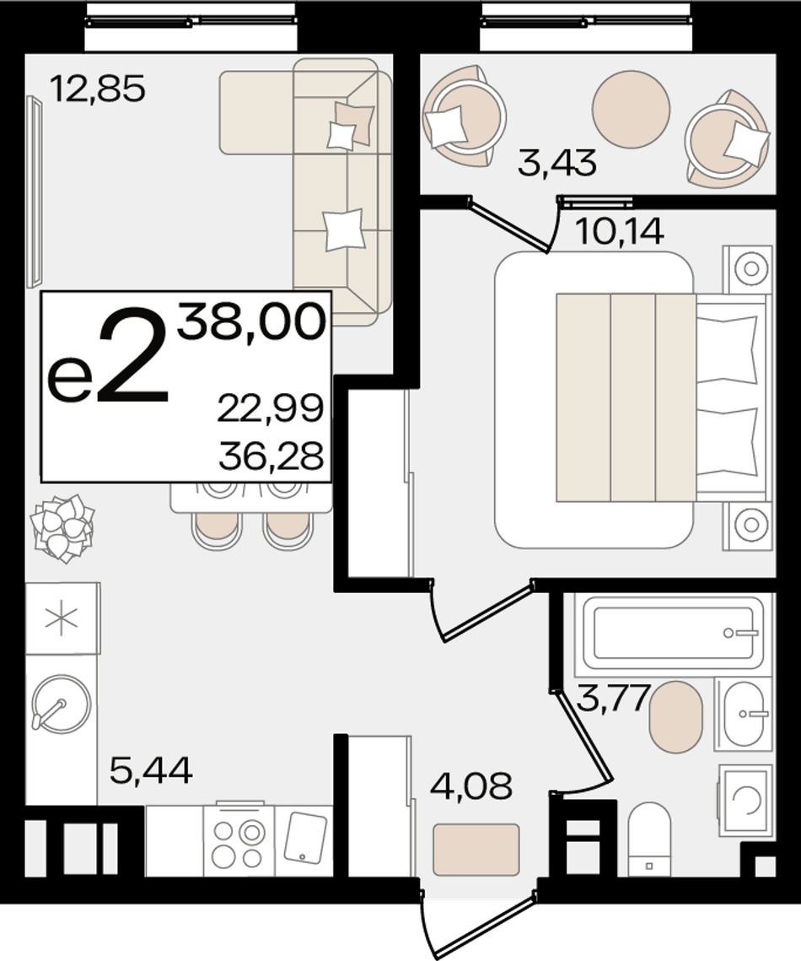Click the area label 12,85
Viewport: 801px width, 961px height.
[x=98, y=89]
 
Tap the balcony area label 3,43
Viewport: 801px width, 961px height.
[x=556, y=164]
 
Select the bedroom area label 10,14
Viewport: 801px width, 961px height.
[x=620, y=231]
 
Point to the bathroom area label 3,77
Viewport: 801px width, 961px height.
[x=613, y=699]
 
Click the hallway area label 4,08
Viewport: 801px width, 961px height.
[x=471, y=786]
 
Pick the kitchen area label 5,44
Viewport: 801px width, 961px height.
[x=151, y=769]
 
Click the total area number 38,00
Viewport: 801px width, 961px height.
[x=251, y=322]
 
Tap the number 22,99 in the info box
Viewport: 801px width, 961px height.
[x=270, y=408]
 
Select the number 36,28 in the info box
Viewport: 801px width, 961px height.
[x=271, y=456]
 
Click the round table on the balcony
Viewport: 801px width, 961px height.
[x=631, y=109]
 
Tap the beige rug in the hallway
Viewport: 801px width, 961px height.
[x=476, y=850]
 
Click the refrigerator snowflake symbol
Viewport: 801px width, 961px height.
[x=62, y=617]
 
